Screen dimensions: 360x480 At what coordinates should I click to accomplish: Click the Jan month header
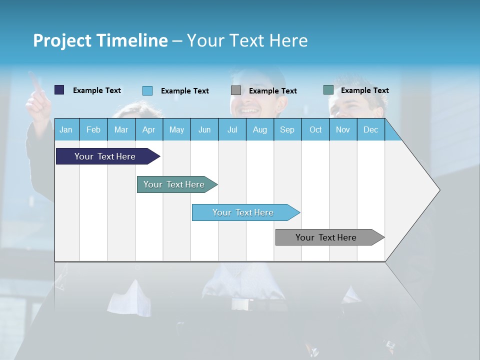66,129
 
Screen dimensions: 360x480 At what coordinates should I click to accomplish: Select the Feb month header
93,129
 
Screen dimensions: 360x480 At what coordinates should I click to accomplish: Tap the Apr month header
148,129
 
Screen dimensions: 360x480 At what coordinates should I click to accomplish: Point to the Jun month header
204,129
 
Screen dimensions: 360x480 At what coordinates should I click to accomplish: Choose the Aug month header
259,129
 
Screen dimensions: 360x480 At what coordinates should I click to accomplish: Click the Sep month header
287,129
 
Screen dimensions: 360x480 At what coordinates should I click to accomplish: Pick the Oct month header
315,129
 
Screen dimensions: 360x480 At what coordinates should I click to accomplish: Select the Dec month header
370,129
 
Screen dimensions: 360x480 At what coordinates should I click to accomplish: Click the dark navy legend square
59,90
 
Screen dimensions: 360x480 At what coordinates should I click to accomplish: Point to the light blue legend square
147,90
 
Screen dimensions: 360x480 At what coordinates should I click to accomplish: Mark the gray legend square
236,90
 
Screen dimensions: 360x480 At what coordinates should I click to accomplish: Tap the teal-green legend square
328,90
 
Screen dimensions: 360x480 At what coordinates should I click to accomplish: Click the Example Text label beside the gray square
272,91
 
